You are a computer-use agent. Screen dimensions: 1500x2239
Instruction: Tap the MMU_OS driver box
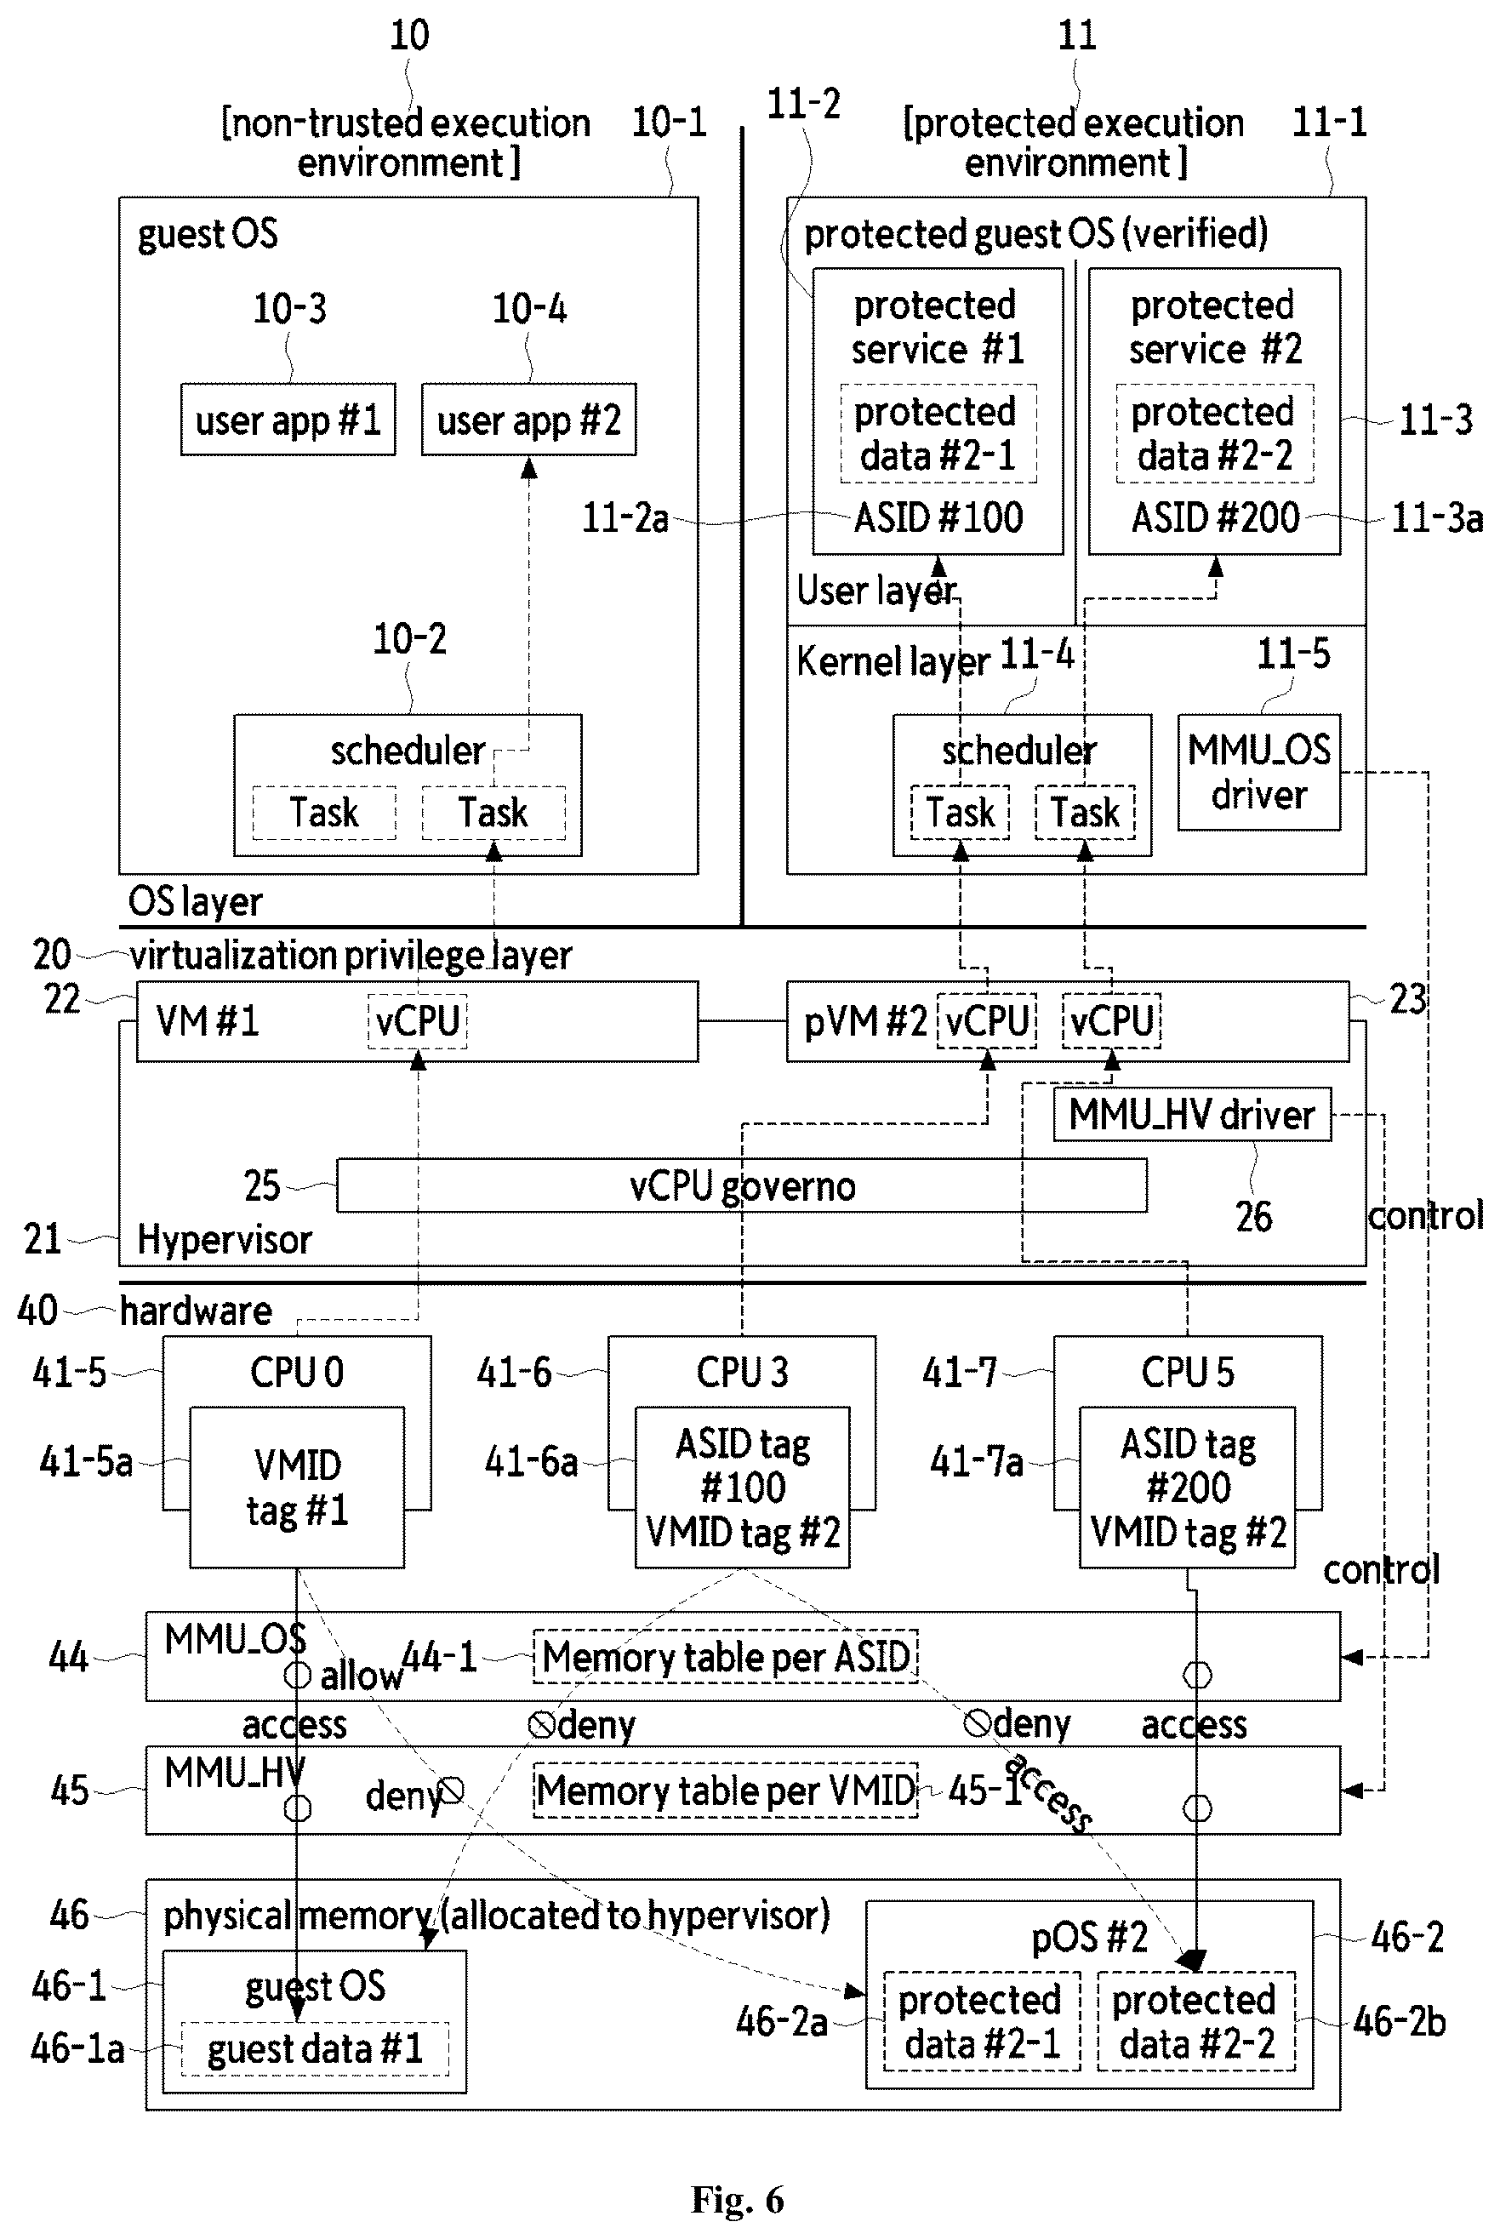(1259, 772)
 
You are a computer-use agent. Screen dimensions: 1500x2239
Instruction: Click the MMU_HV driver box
(1192, 1115)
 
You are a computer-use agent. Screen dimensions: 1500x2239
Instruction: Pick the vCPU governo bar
(743, 1186)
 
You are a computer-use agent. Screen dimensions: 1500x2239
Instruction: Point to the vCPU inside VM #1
(418, 1022)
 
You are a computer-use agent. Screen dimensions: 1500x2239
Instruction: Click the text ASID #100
(938, 517)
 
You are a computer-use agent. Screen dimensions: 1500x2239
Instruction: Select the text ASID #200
(1215, 517)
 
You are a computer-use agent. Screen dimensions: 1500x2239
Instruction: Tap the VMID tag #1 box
(297, 1487)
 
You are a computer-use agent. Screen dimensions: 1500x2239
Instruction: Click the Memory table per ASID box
(726, 1656)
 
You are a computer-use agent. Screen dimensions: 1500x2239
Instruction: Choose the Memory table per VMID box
(726, 1791)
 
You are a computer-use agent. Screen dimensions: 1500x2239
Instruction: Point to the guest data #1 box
(315, 2048)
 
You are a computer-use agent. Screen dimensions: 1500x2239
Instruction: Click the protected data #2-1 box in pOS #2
(982, 2020)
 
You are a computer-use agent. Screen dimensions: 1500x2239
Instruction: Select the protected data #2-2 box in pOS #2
(1195, 2020)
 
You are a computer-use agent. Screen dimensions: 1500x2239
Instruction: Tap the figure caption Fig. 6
(738, 2200)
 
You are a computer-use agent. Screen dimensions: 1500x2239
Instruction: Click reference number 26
(1253, 1217)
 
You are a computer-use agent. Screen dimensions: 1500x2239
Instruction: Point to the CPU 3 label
(743, 1372)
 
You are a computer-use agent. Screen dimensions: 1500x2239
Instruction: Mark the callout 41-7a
(977, 1462)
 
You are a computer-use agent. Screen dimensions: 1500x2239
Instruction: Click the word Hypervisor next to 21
(225, 1240)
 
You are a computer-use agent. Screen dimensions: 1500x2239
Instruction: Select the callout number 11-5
(1292, 654)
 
